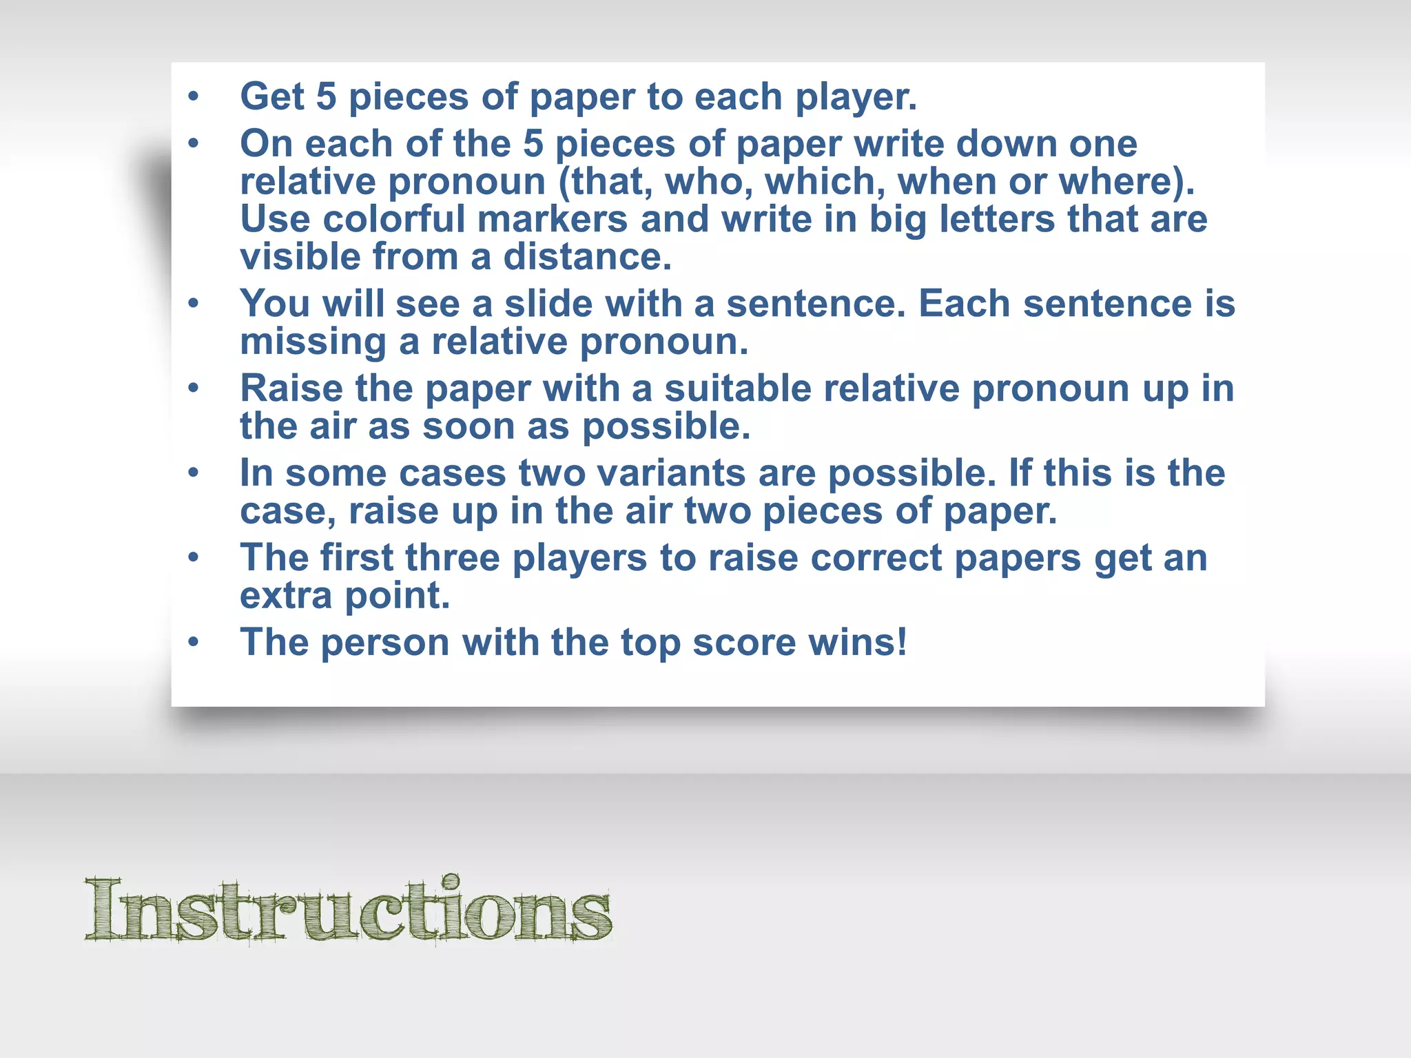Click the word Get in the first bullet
pyautogui.click(x=272, y=96)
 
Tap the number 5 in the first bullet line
pyautogui.click(x=326, y=96)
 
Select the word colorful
pyautogui.click(x=394, y=220)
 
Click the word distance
pyautogui.click(x=587, y=257)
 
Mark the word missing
pyautogui.click(x=313, y=342)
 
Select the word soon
pyautogui.click(x=468, y=426)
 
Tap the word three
pyautogui.click(x=452, y=558)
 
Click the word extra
pyautogui.click(x=286, y=596)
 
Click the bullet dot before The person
pyautogui.click(x=194, y=642)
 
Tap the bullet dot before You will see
pyautogui.click(x=194, y=303)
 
